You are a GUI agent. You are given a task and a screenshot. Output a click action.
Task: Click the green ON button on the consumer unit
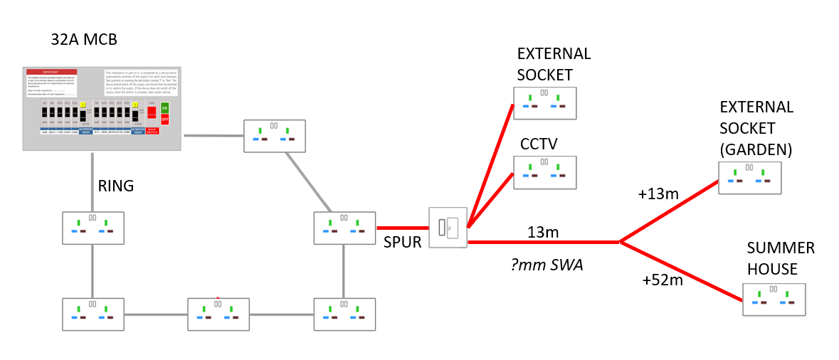[165, 107]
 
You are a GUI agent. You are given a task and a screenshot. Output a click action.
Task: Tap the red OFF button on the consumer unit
[165, 119]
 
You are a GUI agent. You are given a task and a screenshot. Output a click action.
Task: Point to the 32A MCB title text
[84, 40]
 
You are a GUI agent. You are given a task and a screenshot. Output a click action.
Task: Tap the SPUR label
[403, 242]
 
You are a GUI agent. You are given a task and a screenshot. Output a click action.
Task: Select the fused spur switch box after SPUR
[448, 228]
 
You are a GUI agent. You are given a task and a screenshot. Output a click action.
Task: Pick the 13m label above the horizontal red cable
[542, 232]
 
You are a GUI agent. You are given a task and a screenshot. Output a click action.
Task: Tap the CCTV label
[538, 144]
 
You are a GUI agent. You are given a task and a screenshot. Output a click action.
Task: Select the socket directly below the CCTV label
[544, 171]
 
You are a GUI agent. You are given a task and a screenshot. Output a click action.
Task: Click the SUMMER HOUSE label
[781, 259]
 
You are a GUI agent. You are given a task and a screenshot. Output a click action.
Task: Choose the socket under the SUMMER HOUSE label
[774, 300]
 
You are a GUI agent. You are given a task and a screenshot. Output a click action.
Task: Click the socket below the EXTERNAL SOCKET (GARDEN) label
[749, 178]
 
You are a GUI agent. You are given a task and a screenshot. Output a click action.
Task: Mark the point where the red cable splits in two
[621, 242]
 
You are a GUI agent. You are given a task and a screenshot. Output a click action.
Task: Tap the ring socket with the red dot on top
[218, 314]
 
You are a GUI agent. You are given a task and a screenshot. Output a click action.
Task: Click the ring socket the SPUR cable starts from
[344, 228]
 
